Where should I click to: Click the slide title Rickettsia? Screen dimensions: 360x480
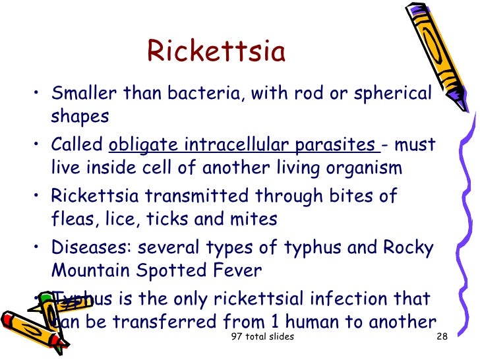pyautogui.click(x=216, y=51)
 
